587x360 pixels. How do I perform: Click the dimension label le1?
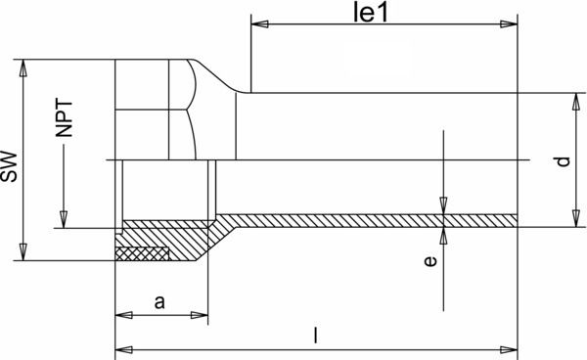371,13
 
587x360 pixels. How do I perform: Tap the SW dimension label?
9,167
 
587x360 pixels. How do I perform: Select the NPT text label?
64,118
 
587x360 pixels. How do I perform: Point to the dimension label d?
563,161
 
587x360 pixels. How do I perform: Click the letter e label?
430,261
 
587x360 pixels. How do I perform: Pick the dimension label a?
159,302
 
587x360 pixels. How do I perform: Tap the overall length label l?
316,335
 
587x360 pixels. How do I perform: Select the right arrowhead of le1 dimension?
509,24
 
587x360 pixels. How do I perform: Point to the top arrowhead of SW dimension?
23,68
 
